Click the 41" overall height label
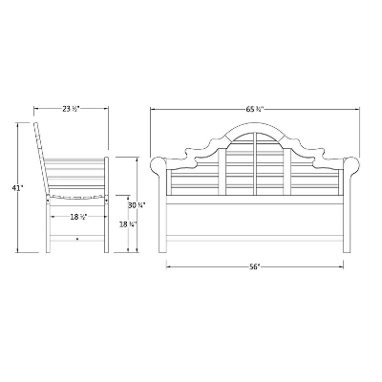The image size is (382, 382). pos(17,188)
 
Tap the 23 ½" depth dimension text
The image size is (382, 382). pos(71,109)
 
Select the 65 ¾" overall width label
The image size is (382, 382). pos(255,110)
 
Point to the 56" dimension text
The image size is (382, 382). pos(254,267)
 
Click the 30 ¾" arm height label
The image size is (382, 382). pos(137,205)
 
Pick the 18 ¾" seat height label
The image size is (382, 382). pos(128,224)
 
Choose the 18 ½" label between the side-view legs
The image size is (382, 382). pos(78,217)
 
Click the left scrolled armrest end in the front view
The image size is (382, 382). pos(159,165)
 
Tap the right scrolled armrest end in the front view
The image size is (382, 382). pos(351,165)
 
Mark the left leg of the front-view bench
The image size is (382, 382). pos(162,223)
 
